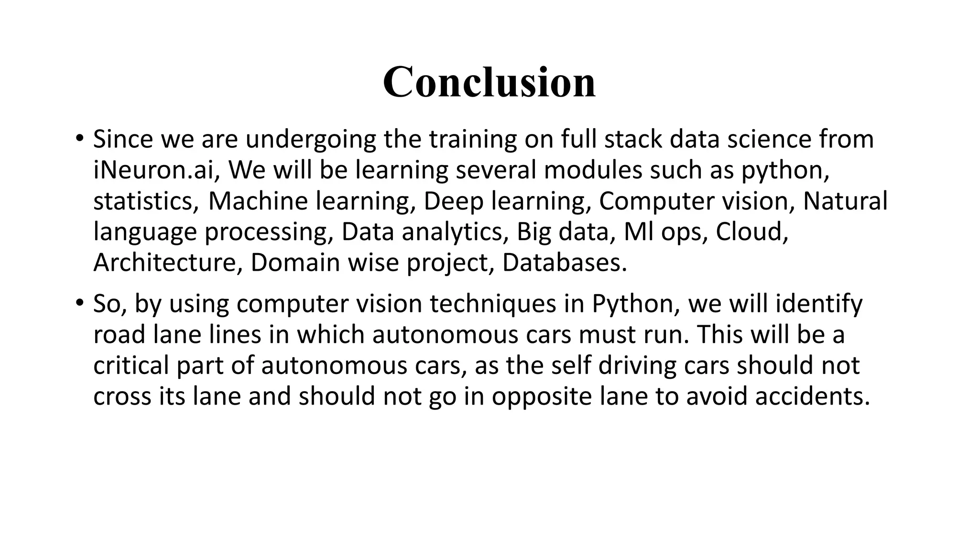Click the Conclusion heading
489,82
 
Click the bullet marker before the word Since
79,139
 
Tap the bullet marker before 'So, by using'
79,304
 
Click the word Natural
845,201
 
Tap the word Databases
564,263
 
